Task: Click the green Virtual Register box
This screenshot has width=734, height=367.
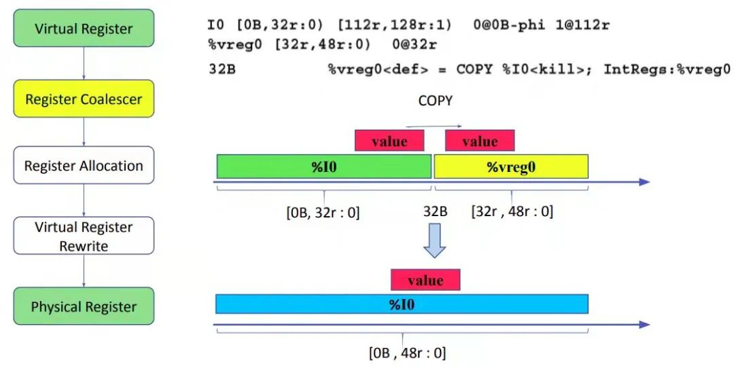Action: [84, 29]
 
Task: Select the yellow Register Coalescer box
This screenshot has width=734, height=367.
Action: [84, 99]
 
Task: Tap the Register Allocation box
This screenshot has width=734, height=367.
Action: [84, 166]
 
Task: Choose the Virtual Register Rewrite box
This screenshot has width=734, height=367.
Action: [84, 236]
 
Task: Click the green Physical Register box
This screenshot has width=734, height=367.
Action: [84, 307]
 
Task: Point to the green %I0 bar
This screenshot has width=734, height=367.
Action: [324, 167]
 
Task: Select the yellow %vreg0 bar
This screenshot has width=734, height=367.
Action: [510, 167]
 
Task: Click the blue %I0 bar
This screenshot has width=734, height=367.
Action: [401, 304]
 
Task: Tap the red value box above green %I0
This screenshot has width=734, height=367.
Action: [389, 141]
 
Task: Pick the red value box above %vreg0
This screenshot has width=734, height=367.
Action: [480, 141]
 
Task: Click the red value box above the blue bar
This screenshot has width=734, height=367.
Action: [425, 280]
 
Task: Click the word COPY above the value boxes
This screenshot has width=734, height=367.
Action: [435, 101]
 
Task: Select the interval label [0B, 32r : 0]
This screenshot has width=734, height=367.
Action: [324, 212]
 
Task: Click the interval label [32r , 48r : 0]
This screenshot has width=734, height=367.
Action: [512, 212]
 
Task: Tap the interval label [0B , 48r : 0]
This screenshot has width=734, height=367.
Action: [407, 353]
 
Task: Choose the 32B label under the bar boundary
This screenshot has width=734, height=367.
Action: [435, 212]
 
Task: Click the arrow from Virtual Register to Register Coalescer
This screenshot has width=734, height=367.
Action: [84, 63]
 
